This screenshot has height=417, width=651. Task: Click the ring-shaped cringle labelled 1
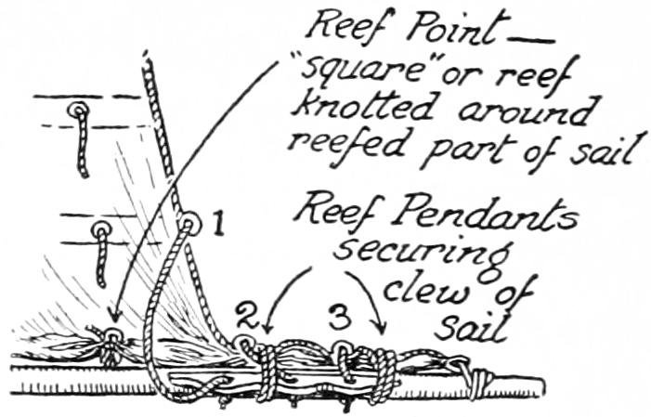189,224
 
